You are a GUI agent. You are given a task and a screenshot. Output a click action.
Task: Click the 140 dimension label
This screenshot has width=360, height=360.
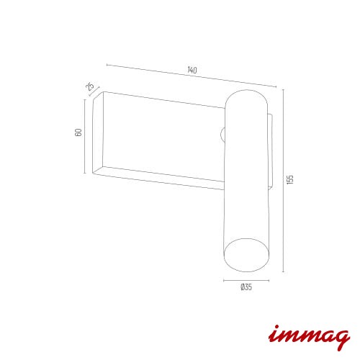pyautogui.click(x=192, y=70)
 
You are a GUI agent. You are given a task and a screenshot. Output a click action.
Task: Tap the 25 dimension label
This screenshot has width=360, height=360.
pyautogui.click(x=90, y=86)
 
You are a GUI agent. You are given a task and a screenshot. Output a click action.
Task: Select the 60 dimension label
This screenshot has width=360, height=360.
pyautogui.click(x=78, y=132)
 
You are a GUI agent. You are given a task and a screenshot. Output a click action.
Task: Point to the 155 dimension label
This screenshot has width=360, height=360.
pyautogui.click(x=290, y=179)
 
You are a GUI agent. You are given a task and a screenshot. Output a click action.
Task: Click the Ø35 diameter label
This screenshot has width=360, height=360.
pyautogui.click(x=246, y=287)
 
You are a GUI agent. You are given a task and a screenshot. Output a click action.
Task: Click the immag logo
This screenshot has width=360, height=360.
pyautogui.click(x=309, y=336)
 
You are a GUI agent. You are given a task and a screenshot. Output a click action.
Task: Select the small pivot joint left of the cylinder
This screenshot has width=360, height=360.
pyautogui.click(x=222, y=135)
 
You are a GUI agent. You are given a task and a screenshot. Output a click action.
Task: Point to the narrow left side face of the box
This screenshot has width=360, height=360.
pyautogui.click(x=98, y=132)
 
